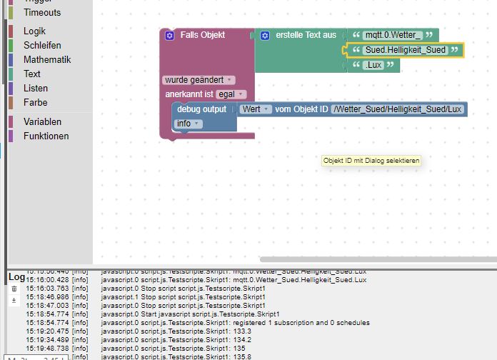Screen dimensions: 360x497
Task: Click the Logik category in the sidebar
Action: [34, 31]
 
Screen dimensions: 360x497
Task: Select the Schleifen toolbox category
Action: [42, 46]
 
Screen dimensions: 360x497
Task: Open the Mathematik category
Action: [47, 60]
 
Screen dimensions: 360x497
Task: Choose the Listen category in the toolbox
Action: [36, 89]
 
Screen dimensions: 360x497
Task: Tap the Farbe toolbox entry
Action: [36, 103]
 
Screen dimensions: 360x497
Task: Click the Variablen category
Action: [42, 122]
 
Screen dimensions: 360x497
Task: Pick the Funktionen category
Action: [46, 136]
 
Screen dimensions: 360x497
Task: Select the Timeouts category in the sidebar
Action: [42, 12]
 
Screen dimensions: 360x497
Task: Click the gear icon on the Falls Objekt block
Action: [169, 35]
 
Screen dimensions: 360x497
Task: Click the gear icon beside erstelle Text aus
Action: [265, 35]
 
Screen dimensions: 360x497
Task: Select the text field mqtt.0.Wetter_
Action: [393, 35]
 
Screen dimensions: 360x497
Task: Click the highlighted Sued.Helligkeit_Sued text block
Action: [405, 50]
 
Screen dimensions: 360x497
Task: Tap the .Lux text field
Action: [373, 65]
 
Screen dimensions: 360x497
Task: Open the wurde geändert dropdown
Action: [199, 80]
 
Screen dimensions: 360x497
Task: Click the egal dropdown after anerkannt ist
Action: [231, 94]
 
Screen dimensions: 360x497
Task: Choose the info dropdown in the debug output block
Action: [188, 124]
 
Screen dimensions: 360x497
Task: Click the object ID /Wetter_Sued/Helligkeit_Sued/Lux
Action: [398, 109]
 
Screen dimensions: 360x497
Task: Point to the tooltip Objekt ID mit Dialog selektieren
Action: [371, 161]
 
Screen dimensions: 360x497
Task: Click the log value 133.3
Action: [244, 331]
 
